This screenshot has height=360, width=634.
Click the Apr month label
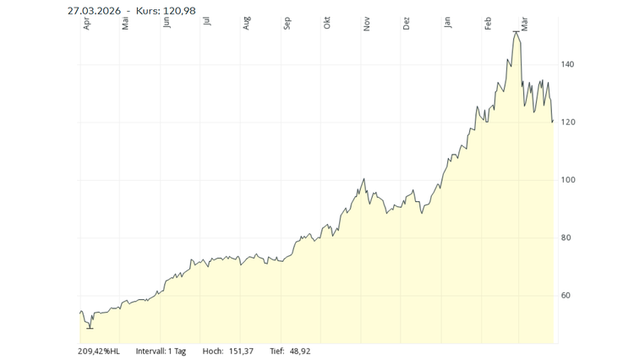pos(86,24)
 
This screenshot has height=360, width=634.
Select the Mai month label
pos(125,24)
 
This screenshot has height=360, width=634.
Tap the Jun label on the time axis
pos(167,23)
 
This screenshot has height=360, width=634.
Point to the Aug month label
pos(247,24)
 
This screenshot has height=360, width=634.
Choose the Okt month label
pos(327,24)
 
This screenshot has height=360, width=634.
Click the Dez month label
pos(407,24)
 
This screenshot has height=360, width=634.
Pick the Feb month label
pos(488,24)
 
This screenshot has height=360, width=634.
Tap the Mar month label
pos(525,24)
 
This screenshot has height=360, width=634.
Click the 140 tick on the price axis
pos(567,64)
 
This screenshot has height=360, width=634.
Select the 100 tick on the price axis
pos(567,180)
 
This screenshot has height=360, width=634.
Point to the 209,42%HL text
pos(99,351)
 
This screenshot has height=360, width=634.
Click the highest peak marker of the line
pos(516,32)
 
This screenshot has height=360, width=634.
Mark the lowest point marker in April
pos(89,327)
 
